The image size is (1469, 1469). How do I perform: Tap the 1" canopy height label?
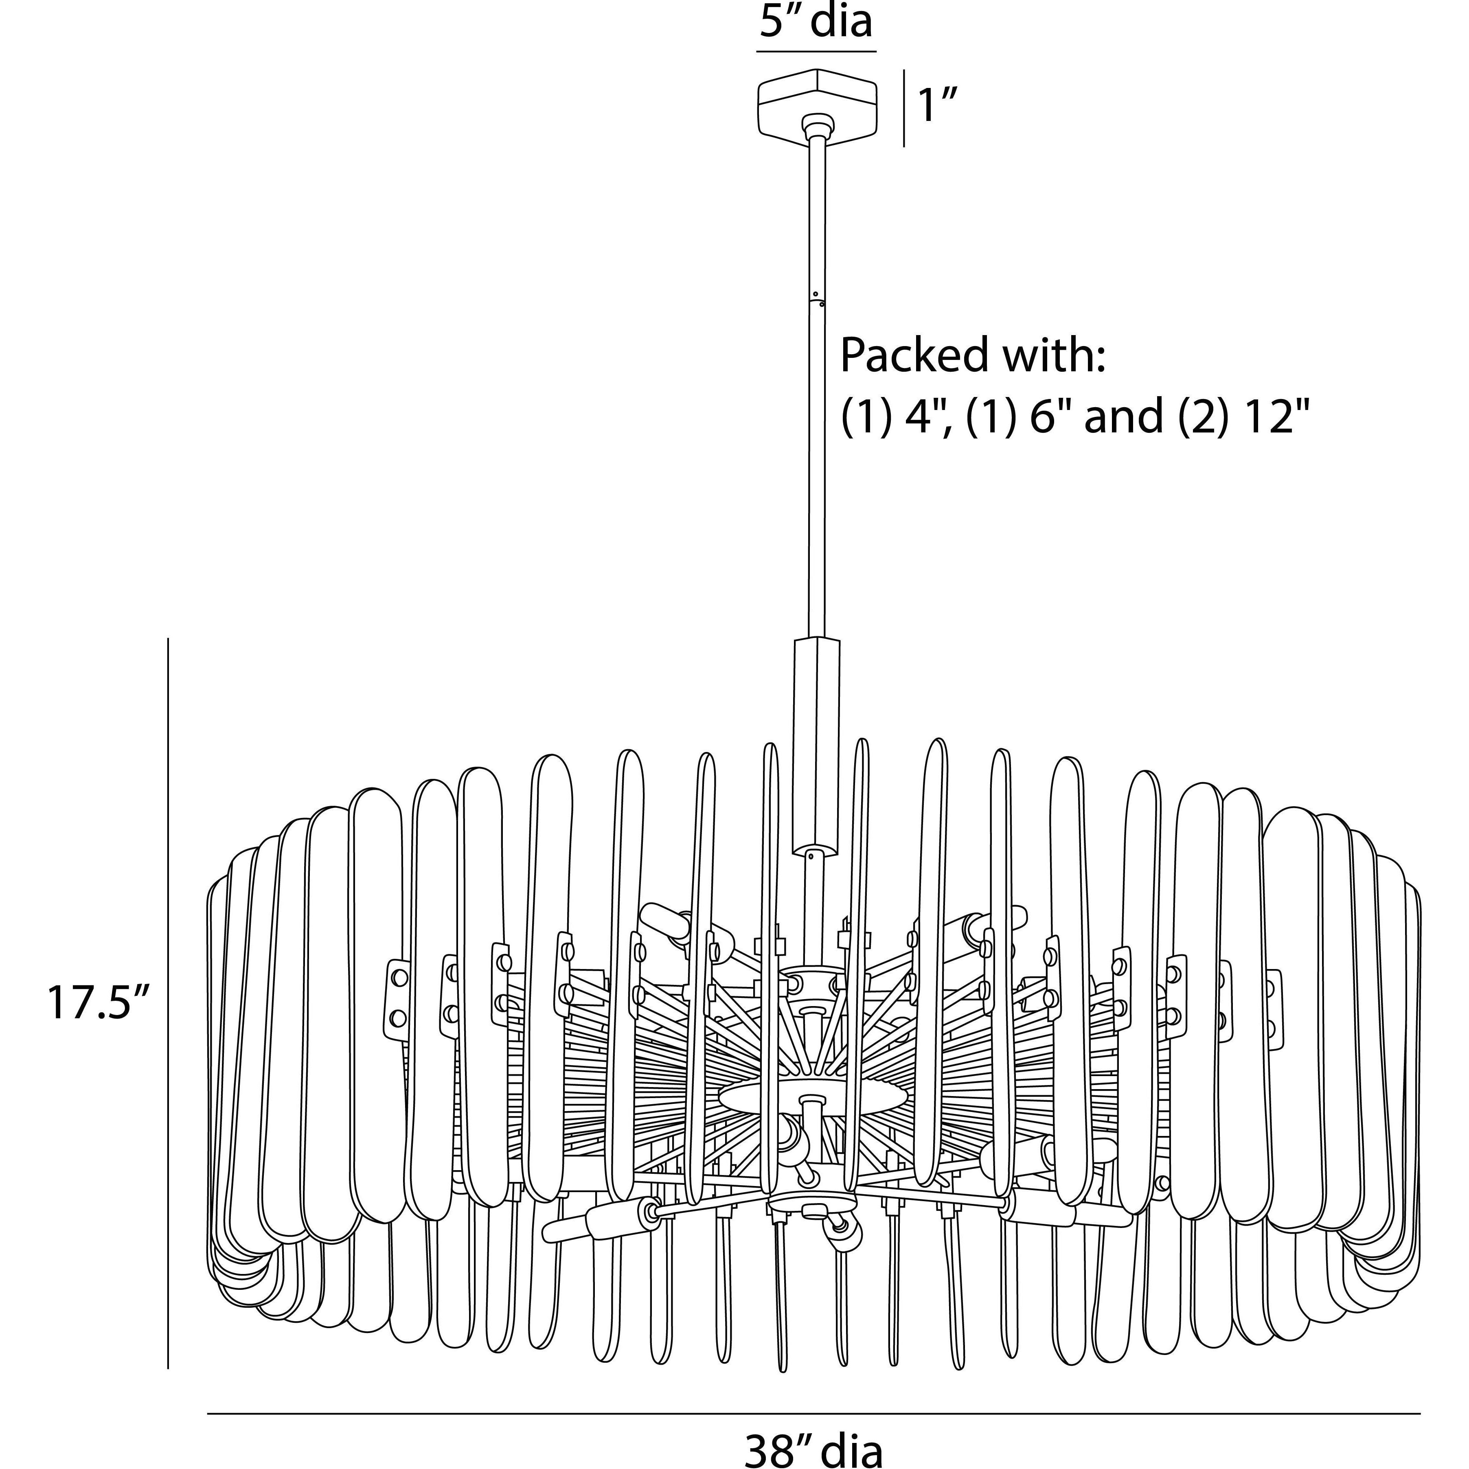(937, 106)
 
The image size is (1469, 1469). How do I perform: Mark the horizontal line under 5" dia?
(816, 52)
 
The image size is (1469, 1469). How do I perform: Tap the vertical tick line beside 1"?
(903, 108)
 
